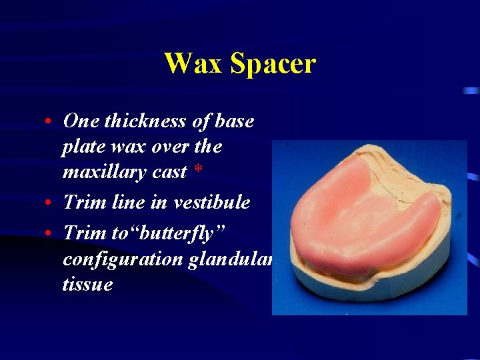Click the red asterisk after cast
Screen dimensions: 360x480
198,171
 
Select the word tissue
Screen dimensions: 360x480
87,285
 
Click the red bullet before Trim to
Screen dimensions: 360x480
51,233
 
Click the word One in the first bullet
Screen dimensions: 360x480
80,121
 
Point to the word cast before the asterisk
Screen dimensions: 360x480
170,172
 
